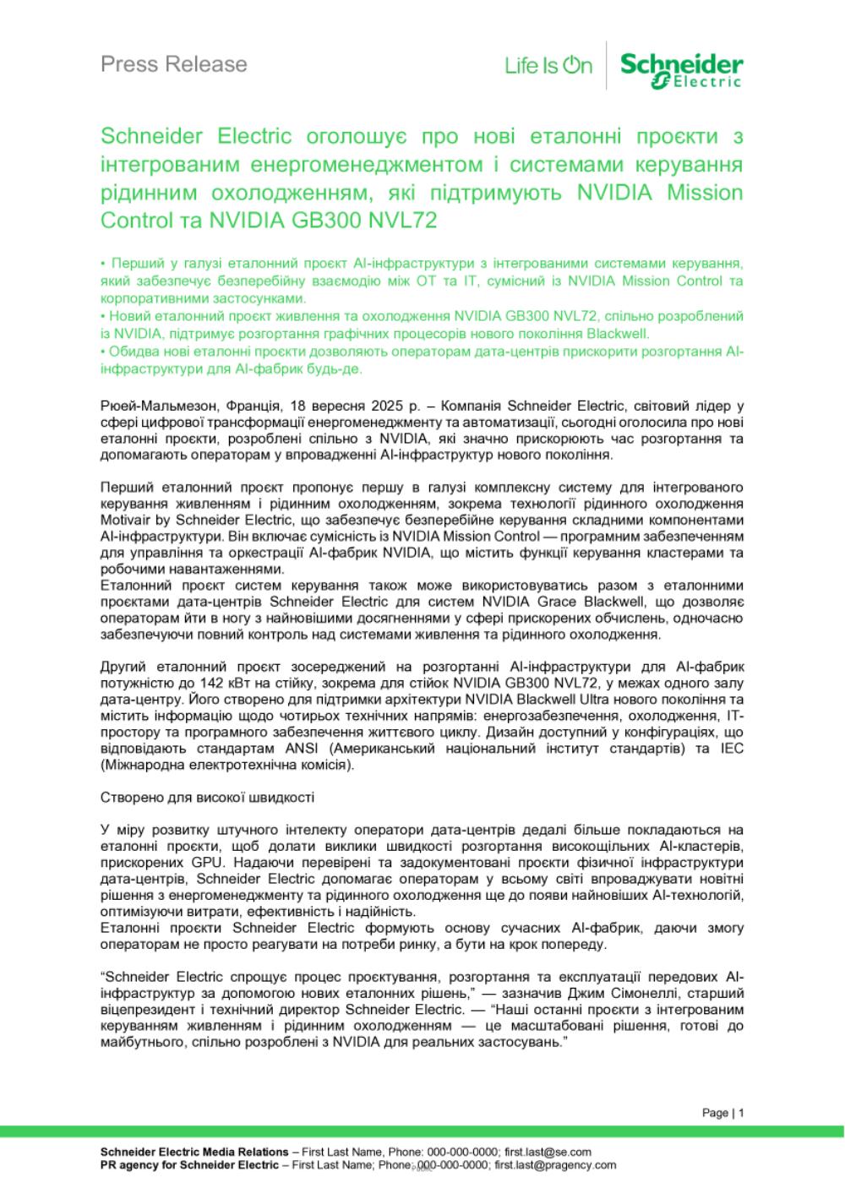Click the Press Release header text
coord(174,64)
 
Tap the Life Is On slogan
coord(548,66)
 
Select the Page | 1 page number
coord(722,1113)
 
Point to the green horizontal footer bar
coord(422,1131)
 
